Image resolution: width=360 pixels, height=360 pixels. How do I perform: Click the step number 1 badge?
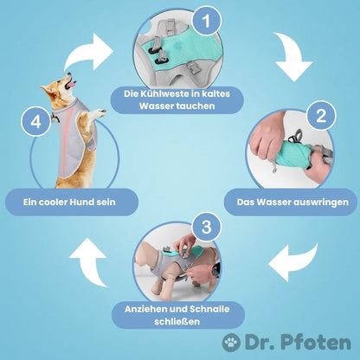click(206, 21)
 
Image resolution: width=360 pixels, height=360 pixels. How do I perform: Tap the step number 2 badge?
click(321, 115)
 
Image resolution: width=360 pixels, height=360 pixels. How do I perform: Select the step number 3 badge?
click(206, 227)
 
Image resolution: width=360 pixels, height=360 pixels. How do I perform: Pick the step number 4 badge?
click(35, 121)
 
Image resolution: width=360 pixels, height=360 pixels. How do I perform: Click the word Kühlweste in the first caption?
click(164, 94)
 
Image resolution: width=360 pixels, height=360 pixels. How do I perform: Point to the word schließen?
click(177, 322)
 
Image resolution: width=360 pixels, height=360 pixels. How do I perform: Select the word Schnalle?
click(209, 309)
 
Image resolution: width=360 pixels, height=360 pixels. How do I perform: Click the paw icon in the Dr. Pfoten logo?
click(231, 343)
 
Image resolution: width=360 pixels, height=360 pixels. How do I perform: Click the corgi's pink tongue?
click(71, 85)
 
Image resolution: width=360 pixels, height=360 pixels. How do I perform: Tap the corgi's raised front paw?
click(101, 112)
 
